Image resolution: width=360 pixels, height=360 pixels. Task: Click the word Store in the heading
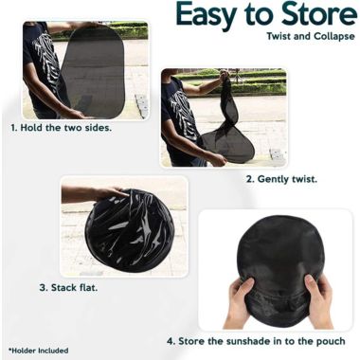tap(317, 16)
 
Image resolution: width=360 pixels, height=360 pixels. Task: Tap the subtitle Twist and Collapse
tap(308, 37)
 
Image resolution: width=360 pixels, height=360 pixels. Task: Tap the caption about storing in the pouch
tap(256, 341)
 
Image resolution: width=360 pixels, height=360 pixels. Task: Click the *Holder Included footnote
tap(39, 350)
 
